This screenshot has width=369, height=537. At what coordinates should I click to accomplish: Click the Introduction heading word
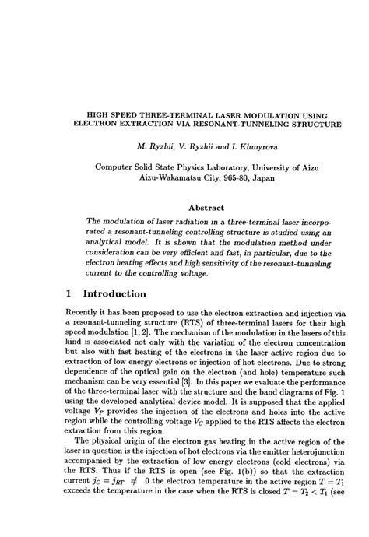pyautogui.click(x=130, y=294)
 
